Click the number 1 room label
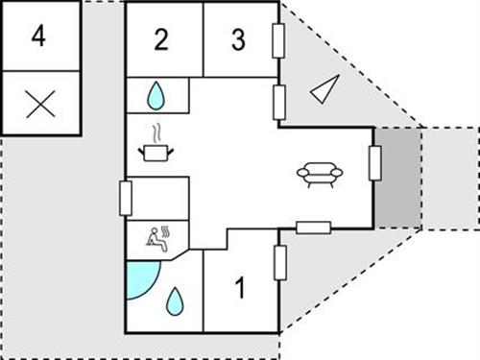(241, 287)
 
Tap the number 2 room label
(161, 39)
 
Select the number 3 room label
(239, 39)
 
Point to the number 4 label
(38, 36)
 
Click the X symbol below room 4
(39, 104)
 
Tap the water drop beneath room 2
(156, 95)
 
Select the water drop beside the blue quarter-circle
(174, 302)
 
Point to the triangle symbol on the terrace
(324, 89)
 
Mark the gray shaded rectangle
(397, 177)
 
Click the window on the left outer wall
(125, 198)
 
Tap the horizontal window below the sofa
(313, 228)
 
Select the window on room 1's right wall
(279, 262)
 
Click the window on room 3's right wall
(278, 41)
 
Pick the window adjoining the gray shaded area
(374, 163)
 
